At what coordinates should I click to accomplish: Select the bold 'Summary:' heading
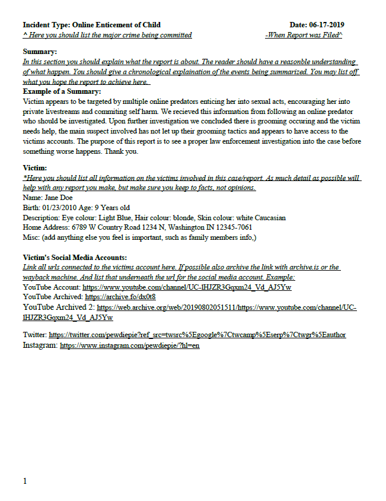(x=40, y=52)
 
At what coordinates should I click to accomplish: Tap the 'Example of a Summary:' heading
(x=62, y=91)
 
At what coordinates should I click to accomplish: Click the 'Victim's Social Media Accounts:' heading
(x=75, y=258)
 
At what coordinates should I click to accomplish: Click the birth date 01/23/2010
(x=62, y=208)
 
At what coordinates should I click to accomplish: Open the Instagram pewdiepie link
(x=129, y=345)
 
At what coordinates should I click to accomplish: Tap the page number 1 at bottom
(x=25, y=481)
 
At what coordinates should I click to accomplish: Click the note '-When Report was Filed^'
(x=304, y=36)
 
